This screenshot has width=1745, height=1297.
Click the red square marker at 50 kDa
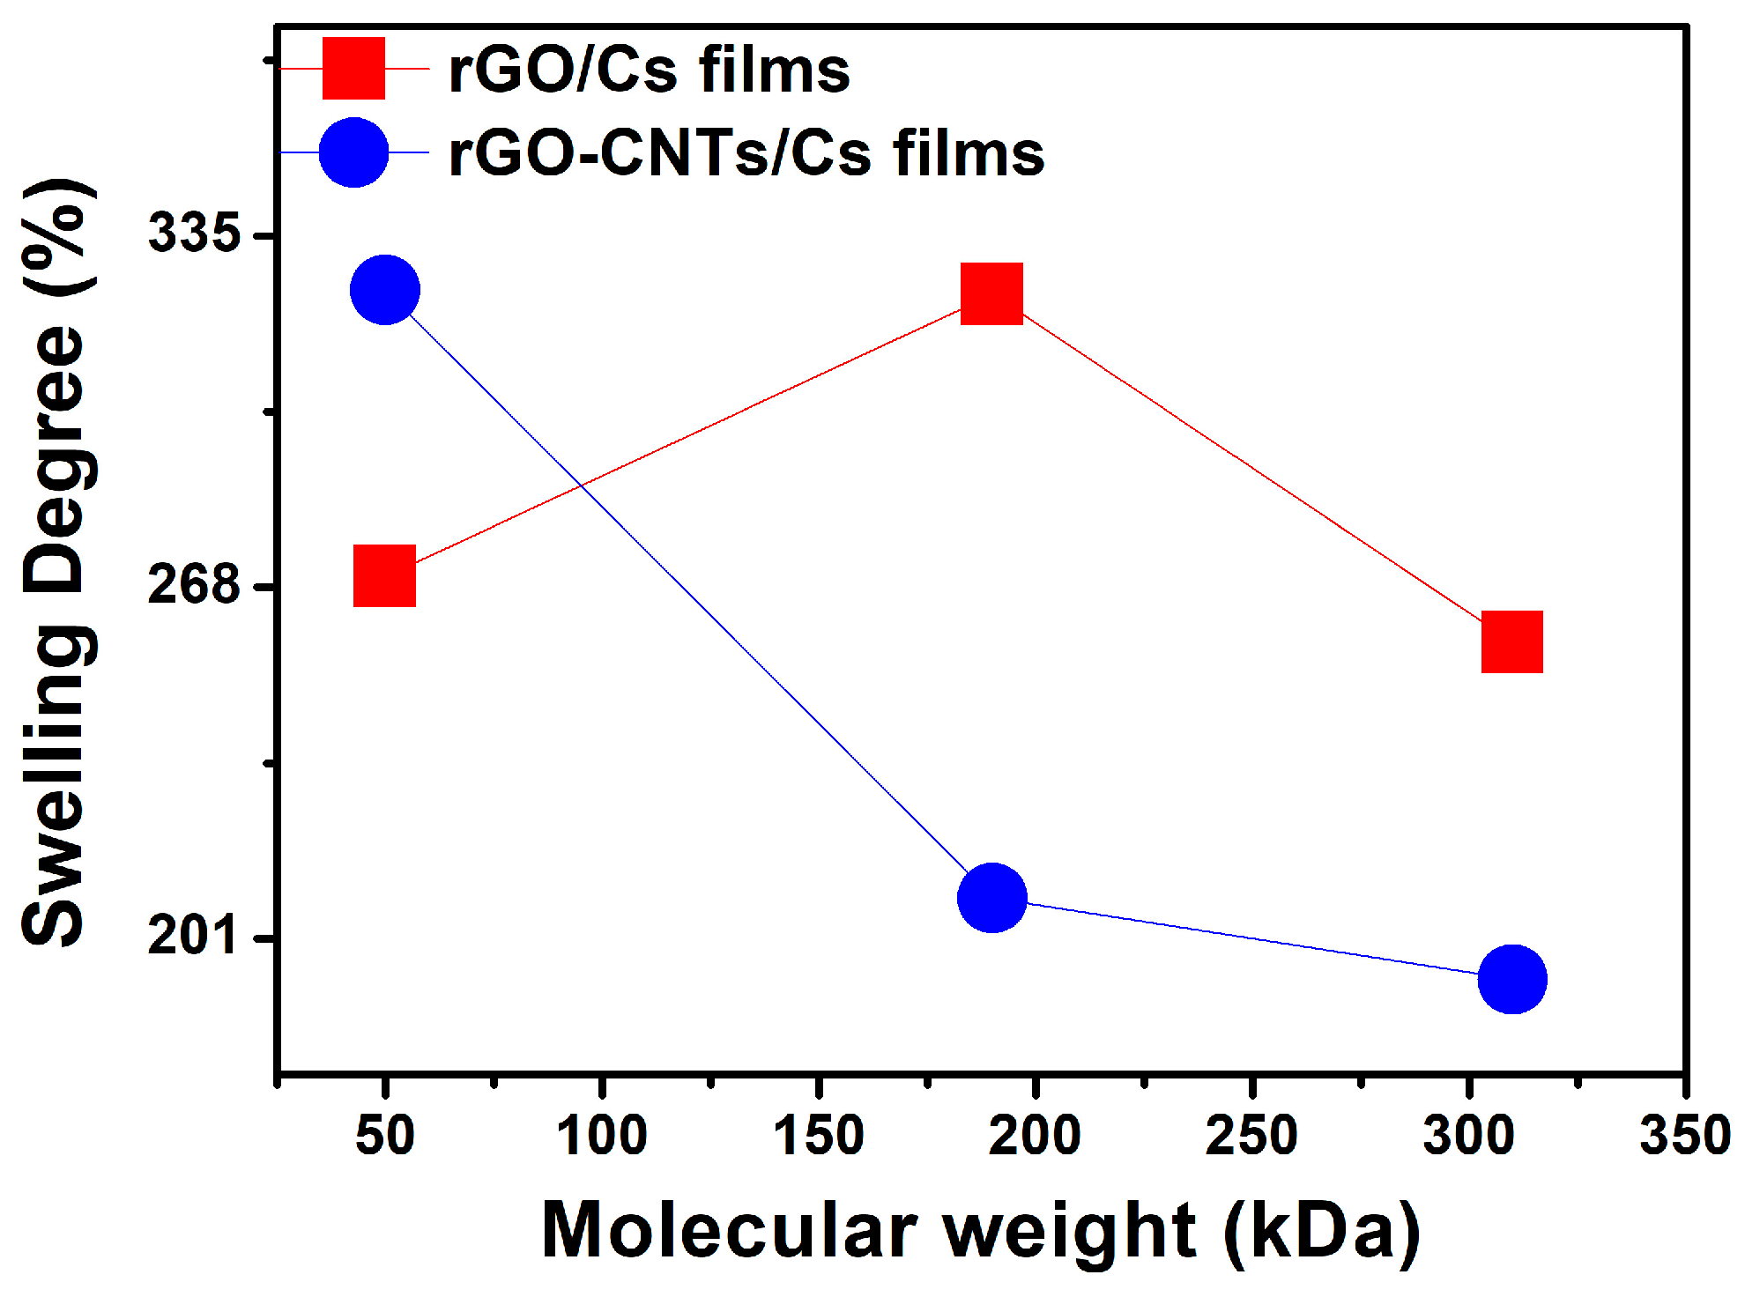coord(384,575)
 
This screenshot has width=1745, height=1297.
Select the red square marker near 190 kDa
coord(991,293)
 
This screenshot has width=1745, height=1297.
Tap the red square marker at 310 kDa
coord(1511,641)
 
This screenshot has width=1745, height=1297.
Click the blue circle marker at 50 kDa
coord(385,290)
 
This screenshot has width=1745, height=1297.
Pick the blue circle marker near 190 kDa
coord(992,898)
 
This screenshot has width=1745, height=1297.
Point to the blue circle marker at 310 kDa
coord(1512,979)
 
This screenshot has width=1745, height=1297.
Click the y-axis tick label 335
coord(194,233)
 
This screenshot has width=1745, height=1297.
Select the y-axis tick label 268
coord(194,584)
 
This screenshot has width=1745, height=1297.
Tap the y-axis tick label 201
coord(194,935)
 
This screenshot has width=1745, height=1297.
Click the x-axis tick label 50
coord(384,1136)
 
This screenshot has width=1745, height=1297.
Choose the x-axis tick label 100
coord(602,1136)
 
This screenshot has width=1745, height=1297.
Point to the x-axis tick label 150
coord(819,1136)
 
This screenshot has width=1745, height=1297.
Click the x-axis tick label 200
coord(1035,1136)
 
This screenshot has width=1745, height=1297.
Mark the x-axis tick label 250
coord(1251,1136)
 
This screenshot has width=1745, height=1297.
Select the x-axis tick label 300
coord(1468,1136)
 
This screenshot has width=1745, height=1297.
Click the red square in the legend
coord(353,68)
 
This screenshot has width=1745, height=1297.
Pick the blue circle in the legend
coord(353,152)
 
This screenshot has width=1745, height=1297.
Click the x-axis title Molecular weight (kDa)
coord(980,1231)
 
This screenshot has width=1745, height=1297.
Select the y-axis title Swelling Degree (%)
coord(55,564)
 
